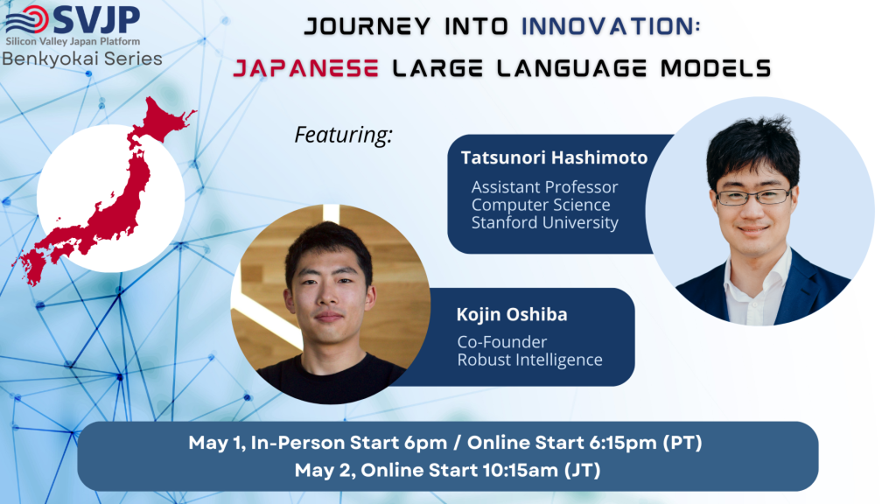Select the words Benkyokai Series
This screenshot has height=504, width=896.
coord(82,59)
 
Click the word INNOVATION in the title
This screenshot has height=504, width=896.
coord(611,26)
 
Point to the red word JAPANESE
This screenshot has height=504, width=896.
coord(305,68)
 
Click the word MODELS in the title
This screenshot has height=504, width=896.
coord(716,68)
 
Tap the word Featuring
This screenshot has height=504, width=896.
coord(343,135)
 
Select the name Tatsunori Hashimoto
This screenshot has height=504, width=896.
coord(554,157)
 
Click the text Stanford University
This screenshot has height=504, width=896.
coord(544,223)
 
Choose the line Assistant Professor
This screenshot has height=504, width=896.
coord(544,187)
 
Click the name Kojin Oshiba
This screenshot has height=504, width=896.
coord(511,314)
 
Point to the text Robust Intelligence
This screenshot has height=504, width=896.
coord(529,360)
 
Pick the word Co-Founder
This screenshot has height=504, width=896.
coord(502,342)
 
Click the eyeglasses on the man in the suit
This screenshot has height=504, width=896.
coord(753,197)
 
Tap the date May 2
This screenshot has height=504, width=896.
coord(324,471)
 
